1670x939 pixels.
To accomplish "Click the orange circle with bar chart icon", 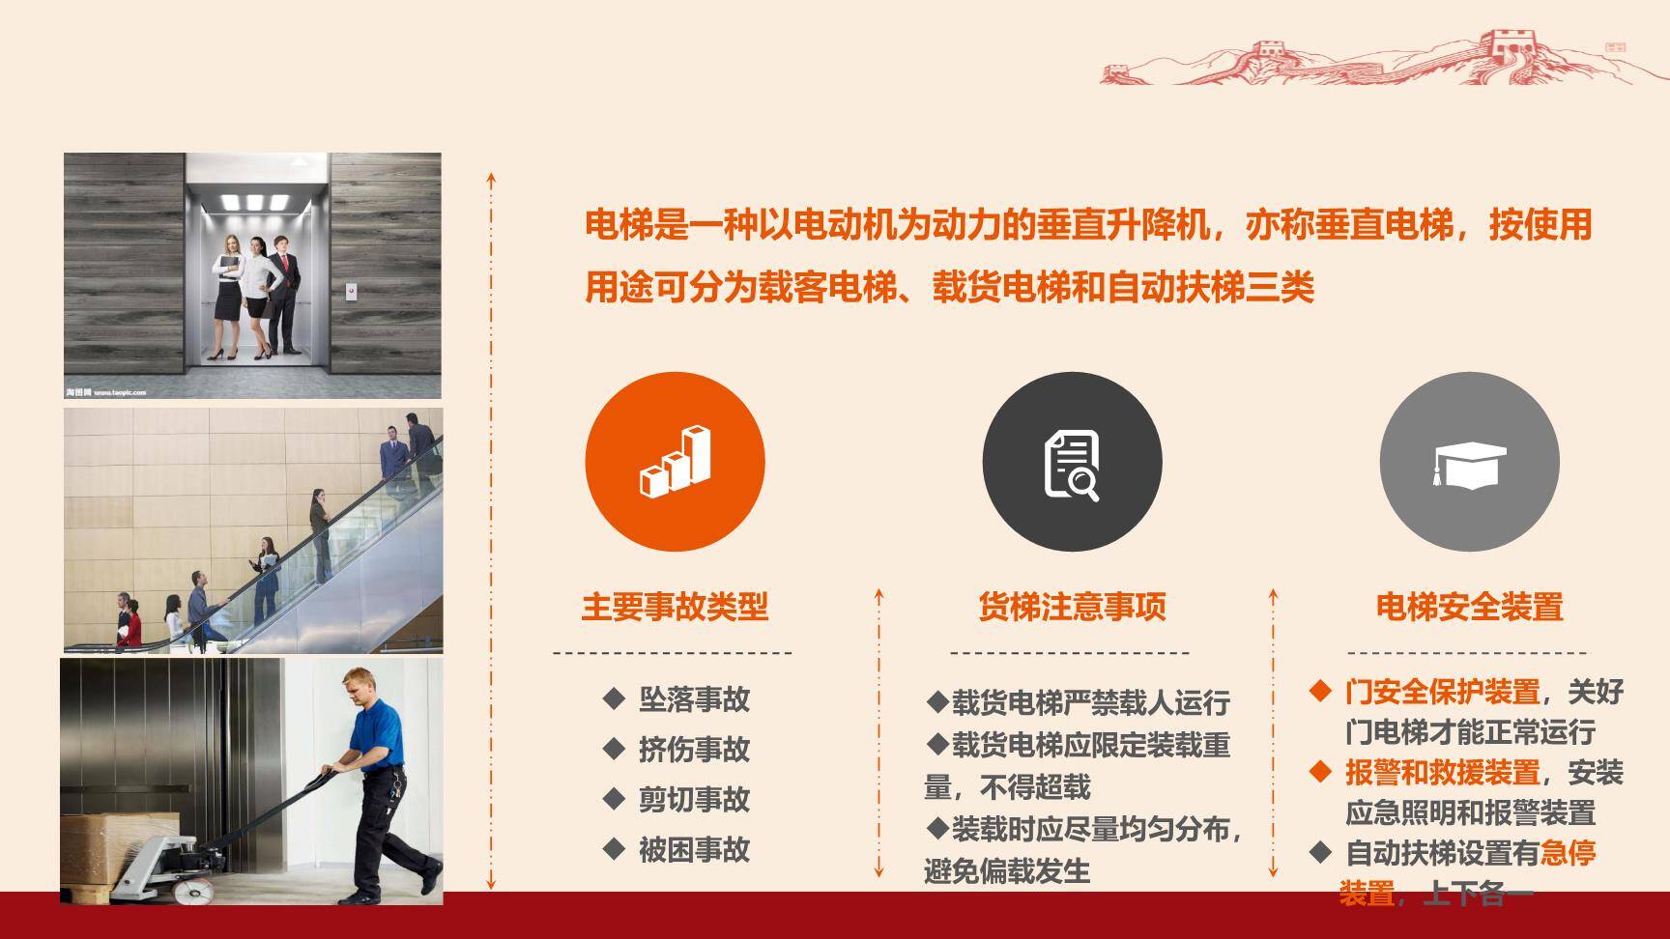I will [x=675, y=462].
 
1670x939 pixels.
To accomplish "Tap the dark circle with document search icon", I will [x=1072, y=462].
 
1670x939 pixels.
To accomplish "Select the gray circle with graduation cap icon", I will [x=1469, y=462].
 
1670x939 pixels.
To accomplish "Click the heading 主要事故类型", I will [x=675, y=607].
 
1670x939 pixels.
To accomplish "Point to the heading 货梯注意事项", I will [x=1072, y=607].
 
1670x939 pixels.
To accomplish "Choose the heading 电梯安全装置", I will [x=1469, y=607].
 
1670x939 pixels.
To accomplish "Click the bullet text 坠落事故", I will [x=694, y=699].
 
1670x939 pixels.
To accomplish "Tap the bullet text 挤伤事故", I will [x=694, y=750].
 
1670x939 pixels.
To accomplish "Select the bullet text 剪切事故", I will [x=694, y=800].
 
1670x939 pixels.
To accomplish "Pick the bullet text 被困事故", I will [x=694, y=850].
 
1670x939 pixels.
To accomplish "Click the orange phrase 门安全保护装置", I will [x=1442, y=692].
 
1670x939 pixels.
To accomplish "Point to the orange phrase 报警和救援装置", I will [x=1442, y=773].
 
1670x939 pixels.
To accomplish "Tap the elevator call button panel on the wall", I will [x=351, y=290].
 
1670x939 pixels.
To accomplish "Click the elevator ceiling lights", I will [x=255, y=202].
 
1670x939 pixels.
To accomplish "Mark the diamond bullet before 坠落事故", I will [x=613, y=698].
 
